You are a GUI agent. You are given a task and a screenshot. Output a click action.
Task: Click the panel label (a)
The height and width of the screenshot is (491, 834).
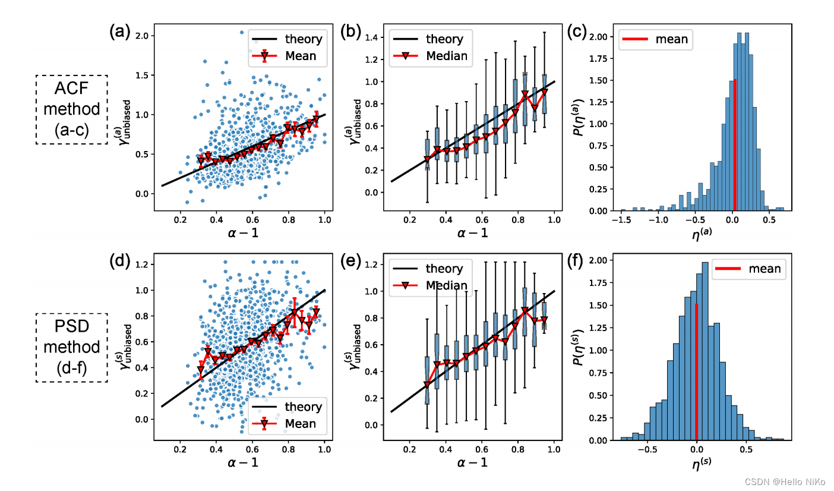pos(119,32)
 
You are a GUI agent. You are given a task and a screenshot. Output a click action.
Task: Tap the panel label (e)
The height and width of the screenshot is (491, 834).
pos(350,261)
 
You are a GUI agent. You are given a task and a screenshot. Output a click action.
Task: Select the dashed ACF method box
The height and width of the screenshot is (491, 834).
pos(72,109)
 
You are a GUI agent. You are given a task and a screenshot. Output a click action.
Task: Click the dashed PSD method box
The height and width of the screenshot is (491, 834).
pos(72,348)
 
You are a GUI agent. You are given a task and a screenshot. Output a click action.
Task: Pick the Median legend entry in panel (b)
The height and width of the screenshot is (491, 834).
pos(430,56)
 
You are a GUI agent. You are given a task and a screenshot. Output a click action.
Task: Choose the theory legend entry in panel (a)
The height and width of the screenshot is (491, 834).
pos(287,39)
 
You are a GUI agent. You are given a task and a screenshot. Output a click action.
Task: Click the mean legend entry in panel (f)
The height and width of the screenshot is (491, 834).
pos(748,269)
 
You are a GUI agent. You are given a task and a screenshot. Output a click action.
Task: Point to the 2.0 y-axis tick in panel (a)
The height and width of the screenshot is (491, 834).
pos(142,36)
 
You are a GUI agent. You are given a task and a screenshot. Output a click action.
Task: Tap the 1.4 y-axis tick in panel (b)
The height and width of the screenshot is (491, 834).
pos(371,37)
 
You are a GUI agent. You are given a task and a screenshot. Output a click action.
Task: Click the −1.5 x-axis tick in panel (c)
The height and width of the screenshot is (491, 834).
pos(621,220)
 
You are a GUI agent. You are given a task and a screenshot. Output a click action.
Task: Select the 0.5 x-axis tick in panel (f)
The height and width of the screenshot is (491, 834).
pos(746,449)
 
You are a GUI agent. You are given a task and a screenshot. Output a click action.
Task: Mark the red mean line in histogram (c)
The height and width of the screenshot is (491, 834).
pos(735,145)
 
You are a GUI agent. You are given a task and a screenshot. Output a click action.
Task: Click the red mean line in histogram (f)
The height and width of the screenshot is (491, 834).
pos(696,372)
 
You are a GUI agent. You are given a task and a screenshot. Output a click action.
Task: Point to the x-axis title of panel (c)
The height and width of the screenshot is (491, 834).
pos(702,234)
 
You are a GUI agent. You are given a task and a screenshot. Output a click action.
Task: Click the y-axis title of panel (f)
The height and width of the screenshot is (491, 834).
pos(578,348)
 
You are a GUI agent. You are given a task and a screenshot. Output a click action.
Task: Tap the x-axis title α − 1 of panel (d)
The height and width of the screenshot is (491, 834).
pos(243,462)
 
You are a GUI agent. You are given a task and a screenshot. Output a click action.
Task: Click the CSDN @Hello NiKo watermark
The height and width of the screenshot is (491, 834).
pos(785,481)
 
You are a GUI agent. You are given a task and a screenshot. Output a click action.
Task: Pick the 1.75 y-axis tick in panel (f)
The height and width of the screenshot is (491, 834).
pos(599,283)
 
